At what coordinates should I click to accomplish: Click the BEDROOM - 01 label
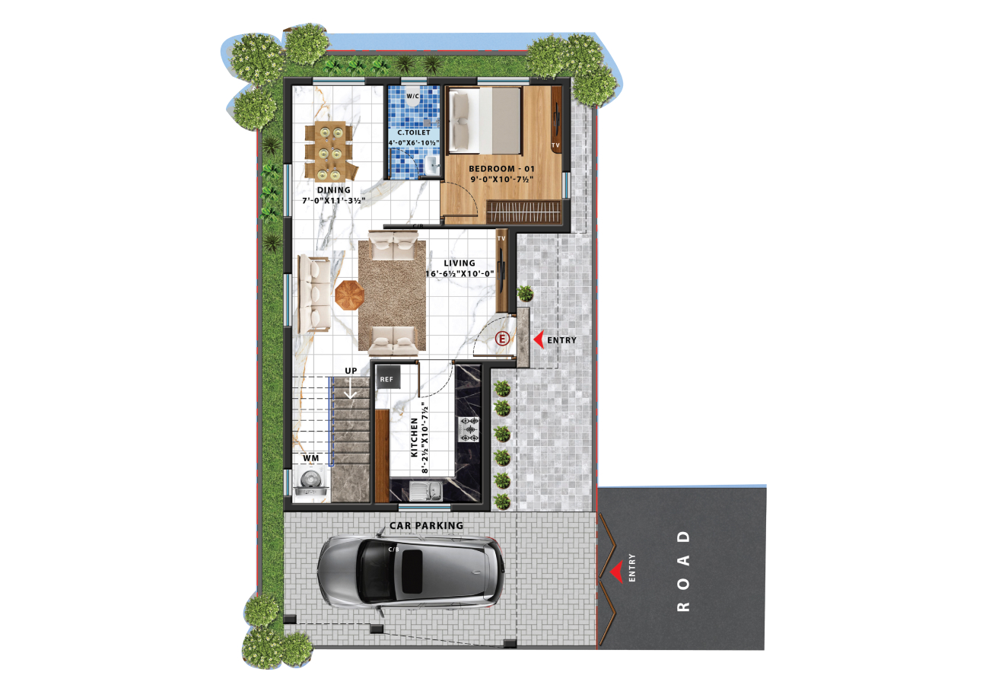point(501,169)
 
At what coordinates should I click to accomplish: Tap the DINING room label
point(334,190)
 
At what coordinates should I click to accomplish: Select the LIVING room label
point(460,263)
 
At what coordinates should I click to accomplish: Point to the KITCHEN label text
point(414,438)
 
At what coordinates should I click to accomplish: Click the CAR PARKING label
point(427,526)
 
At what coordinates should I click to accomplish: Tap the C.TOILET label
point(414,132)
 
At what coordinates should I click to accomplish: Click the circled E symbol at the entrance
point(502,339)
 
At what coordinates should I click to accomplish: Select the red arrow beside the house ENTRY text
point(539,340)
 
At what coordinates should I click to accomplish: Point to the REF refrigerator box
point(388,378)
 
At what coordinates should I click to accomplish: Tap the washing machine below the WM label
point(311,483)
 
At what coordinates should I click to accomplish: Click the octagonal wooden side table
point(349,295)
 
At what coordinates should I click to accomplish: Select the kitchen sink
point(425,491)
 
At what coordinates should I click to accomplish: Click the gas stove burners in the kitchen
point(469,429)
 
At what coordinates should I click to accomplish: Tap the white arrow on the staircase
point(351,389)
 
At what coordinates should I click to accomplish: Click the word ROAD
point(683,571)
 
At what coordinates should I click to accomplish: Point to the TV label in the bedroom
point(555,145)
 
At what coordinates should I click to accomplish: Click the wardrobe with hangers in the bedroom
point(523,212)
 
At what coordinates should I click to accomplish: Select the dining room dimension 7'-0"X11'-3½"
point(334,201)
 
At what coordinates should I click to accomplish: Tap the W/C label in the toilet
point(413,96)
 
